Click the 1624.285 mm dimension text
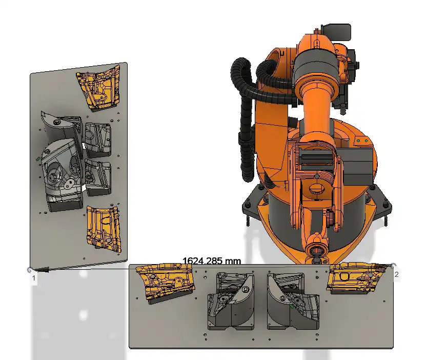point(212,261)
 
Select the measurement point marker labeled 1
point(30,270)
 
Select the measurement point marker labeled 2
point(393,265)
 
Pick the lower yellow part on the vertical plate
point(104,229)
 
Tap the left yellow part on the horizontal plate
point(165,281)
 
